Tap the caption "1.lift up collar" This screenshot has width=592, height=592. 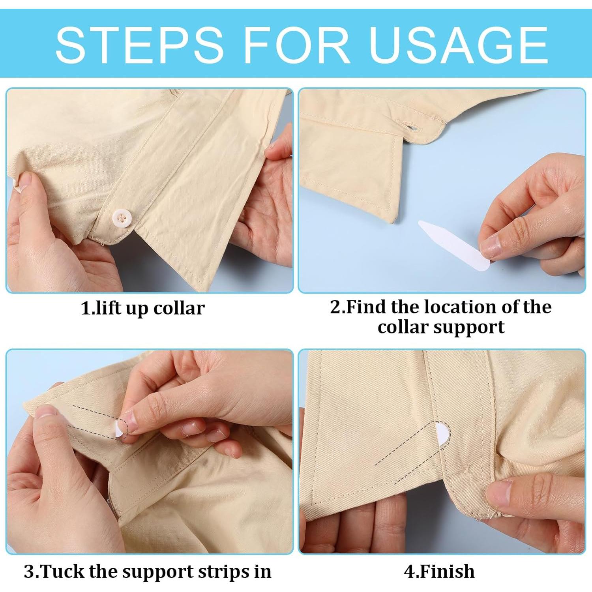(x=143, y=308)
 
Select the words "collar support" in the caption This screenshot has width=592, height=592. (x=441, y=327)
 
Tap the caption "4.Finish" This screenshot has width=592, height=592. (x=439, y=571)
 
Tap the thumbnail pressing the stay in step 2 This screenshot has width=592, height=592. (x=490, y=247)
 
